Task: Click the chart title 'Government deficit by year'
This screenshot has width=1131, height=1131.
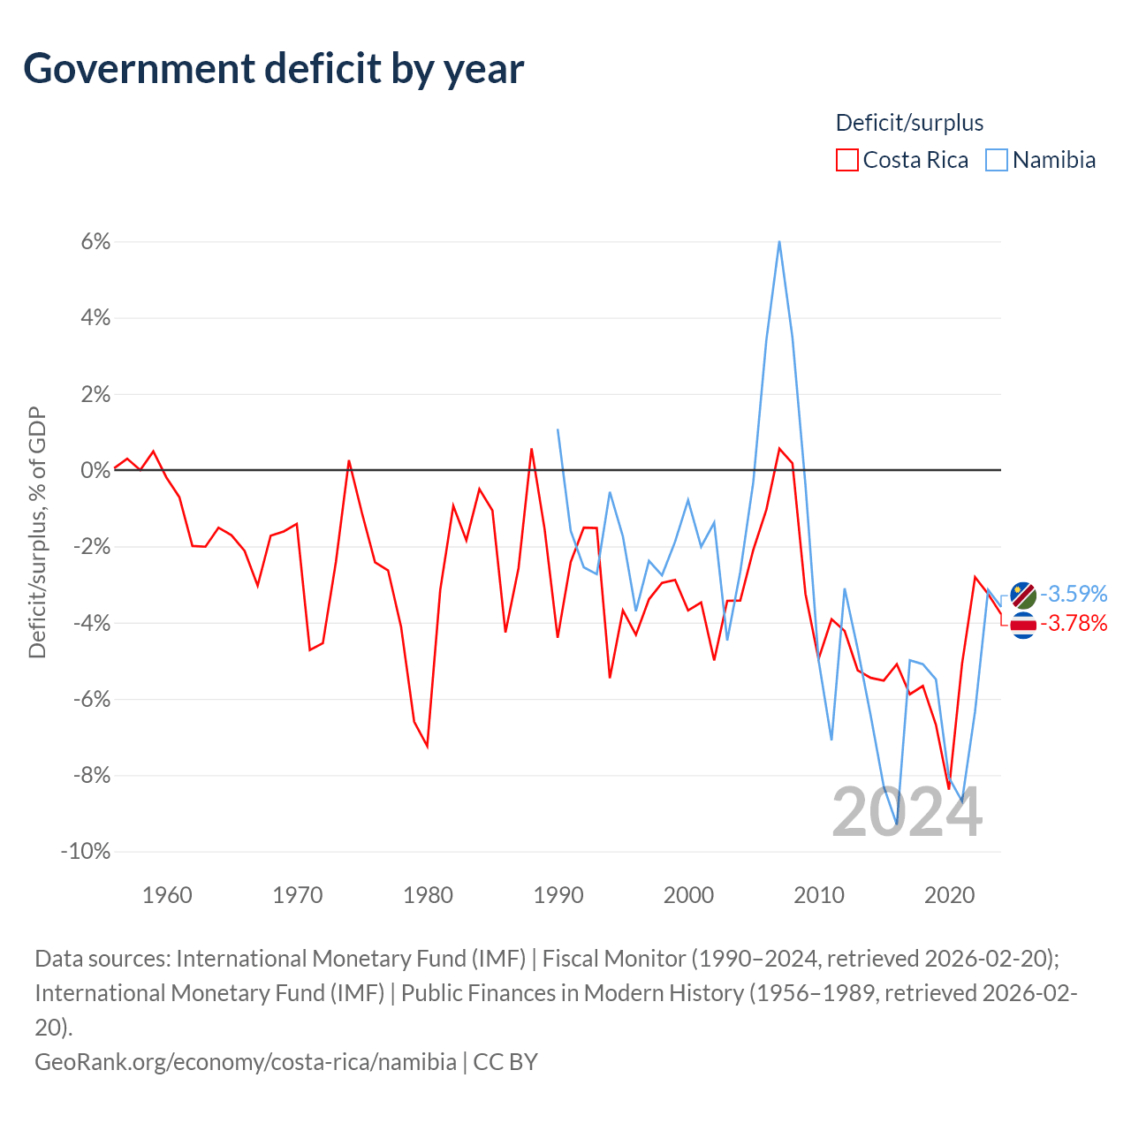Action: [274, 69]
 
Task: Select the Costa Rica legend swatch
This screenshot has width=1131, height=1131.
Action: [846, 160]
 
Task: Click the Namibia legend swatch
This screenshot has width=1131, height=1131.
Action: [997, 160]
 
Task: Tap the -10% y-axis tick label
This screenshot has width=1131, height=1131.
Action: [86, 852]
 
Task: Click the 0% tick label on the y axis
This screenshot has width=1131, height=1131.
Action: [95, 471]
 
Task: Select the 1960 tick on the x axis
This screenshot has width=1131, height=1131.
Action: [167, 895]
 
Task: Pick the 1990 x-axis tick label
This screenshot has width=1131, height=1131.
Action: [558, 895]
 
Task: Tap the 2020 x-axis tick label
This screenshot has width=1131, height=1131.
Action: [949, 895]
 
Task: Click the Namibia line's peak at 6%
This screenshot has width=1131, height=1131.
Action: [779, 241]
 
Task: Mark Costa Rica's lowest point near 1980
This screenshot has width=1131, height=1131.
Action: [428, 747]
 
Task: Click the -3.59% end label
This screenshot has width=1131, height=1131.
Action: [1074, 593]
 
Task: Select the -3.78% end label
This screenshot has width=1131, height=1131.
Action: [1074, 624]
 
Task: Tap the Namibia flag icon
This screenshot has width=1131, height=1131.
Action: [1023, 595]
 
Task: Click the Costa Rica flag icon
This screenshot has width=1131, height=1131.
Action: [1023, 625]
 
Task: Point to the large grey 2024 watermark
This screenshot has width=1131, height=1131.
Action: [907, 812]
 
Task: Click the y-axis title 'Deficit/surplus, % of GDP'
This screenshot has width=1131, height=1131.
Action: [37, 533]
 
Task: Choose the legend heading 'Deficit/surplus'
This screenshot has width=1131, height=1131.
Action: [909, 123]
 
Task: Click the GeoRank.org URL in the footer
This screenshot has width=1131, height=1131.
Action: [246, 1061]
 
